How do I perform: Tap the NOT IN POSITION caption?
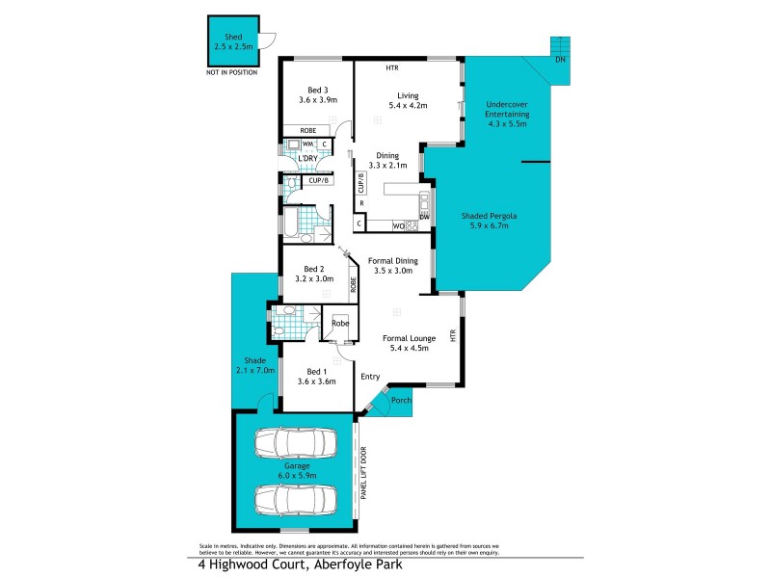click(232, 72)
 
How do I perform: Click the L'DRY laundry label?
click(307, 158)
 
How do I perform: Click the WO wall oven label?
click(397, 226)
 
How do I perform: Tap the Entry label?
click(370, 377)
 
